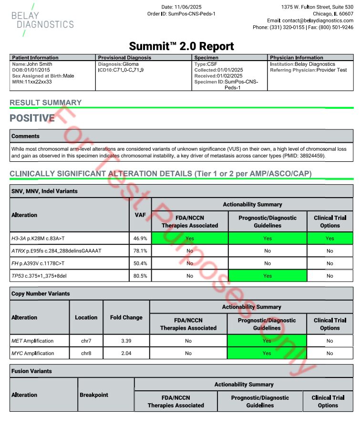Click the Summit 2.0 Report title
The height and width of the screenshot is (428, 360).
click(x=181, y=46)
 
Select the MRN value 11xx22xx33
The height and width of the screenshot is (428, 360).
click(x=38, y=82)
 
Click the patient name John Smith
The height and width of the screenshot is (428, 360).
click(x=40, y=64)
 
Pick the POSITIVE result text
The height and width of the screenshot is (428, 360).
click(x=32, y=118)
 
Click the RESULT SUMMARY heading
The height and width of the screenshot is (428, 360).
click(x=45, y=103)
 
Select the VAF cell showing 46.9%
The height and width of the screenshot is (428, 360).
click(x=140, y=238)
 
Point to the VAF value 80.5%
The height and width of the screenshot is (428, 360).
click(x=140, y=276)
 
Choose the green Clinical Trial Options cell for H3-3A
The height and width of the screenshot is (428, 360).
click(x=329, y=238)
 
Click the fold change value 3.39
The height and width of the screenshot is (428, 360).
click(x=126, y=341)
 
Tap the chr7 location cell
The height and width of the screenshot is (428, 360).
click(x=86, y=341)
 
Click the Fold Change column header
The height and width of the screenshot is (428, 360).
click(x=126, y=317)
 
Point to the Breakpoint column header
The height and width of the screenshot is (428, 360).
click(x=93, y=395)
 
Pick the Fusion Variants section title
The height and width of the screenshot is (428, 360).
click(x=31, y=371)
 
